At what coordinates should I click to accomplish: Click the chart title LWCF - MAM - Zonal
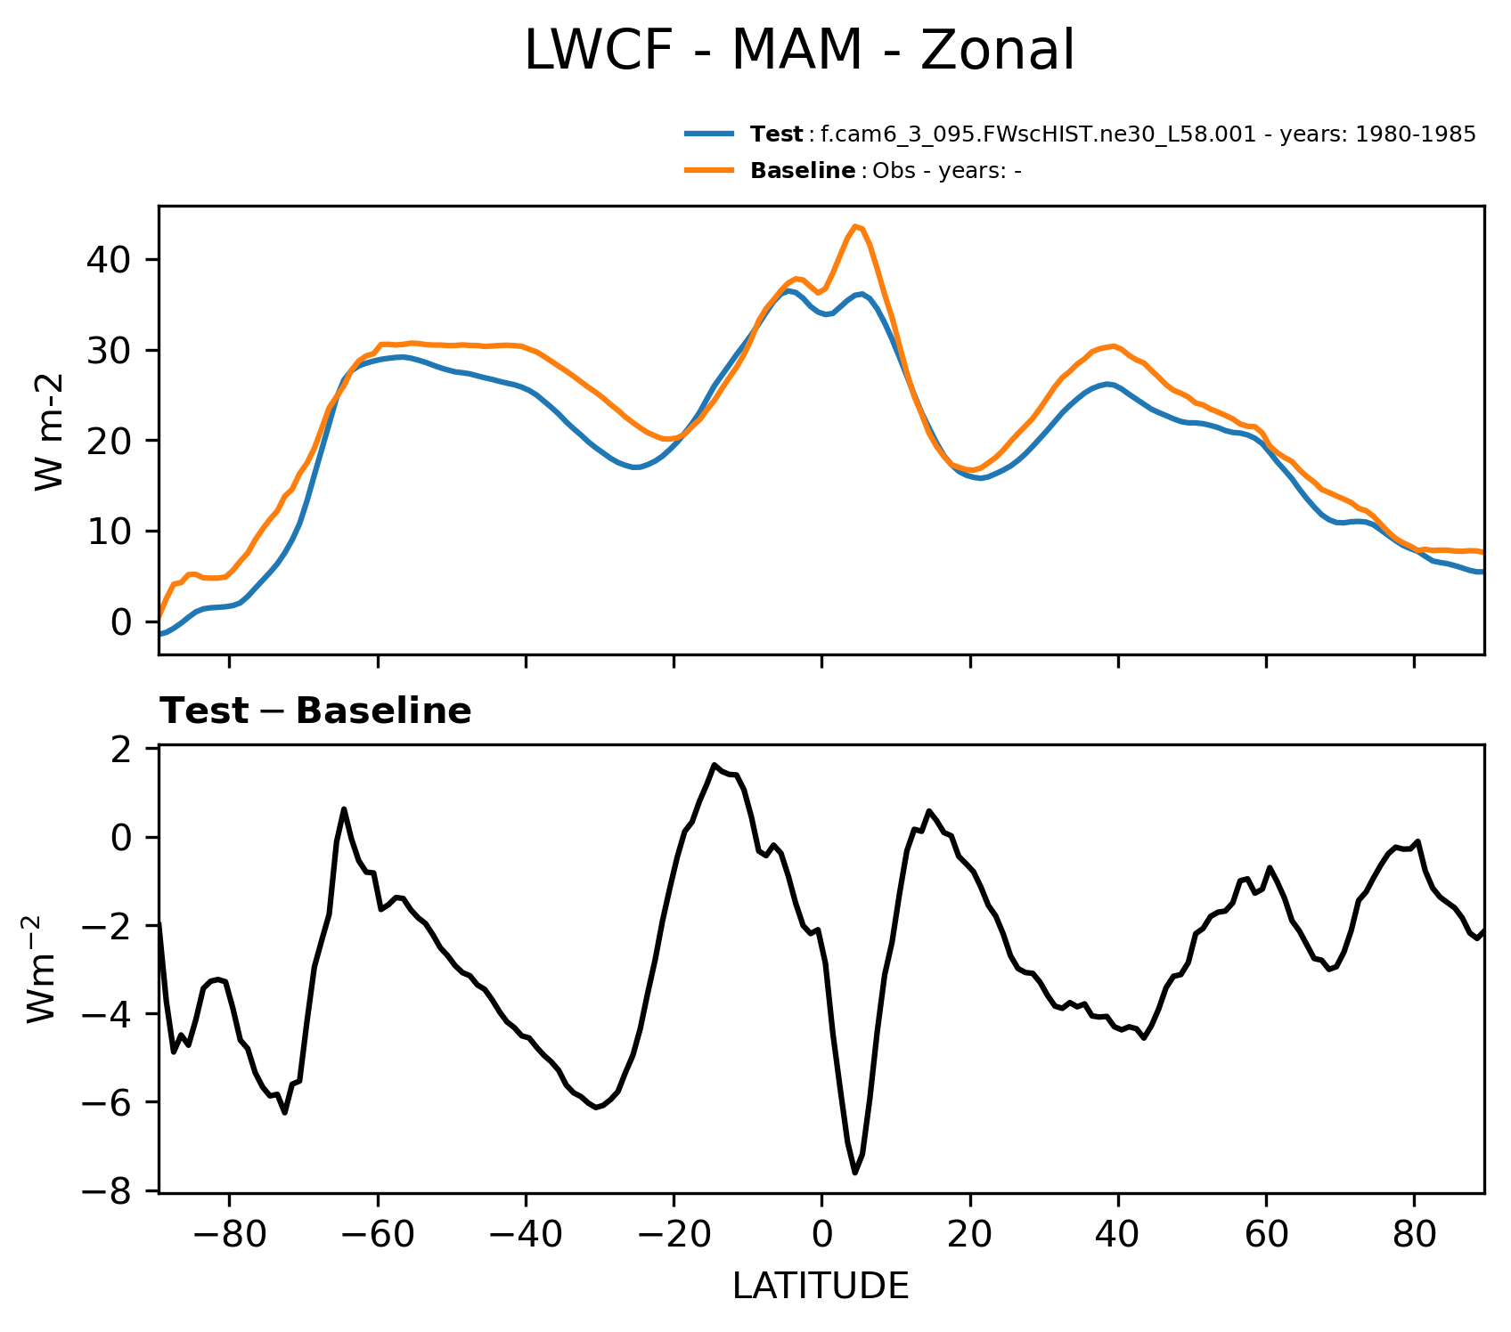[799, 51]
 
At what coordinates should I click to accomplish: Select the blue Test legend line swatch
[709, 134]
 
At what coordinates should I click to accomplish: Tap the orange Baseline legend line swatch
[709, 170]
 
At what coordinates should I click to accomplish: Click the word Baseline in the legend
[803, 171]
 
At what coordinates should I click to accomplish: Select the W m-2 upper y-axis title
[50, 432]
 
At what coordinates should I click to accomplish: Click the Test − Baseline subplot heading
[315, 711]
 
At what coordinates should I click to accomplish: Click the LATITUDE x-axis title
[821, 1286]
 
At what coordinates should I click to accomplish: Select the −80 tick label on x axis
[229, 1236]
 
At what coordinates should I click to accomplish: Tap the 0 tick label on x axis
[821, 1236]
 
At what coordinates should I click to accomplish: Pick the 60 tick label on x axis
[1266, 1236]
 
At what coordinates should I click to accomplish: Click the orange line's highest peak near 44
[855, 226]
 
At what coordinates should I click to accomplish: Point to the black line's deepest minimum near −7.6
[855, 1173]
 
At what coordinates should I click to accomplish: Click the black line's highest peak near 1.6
[715, 765]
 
